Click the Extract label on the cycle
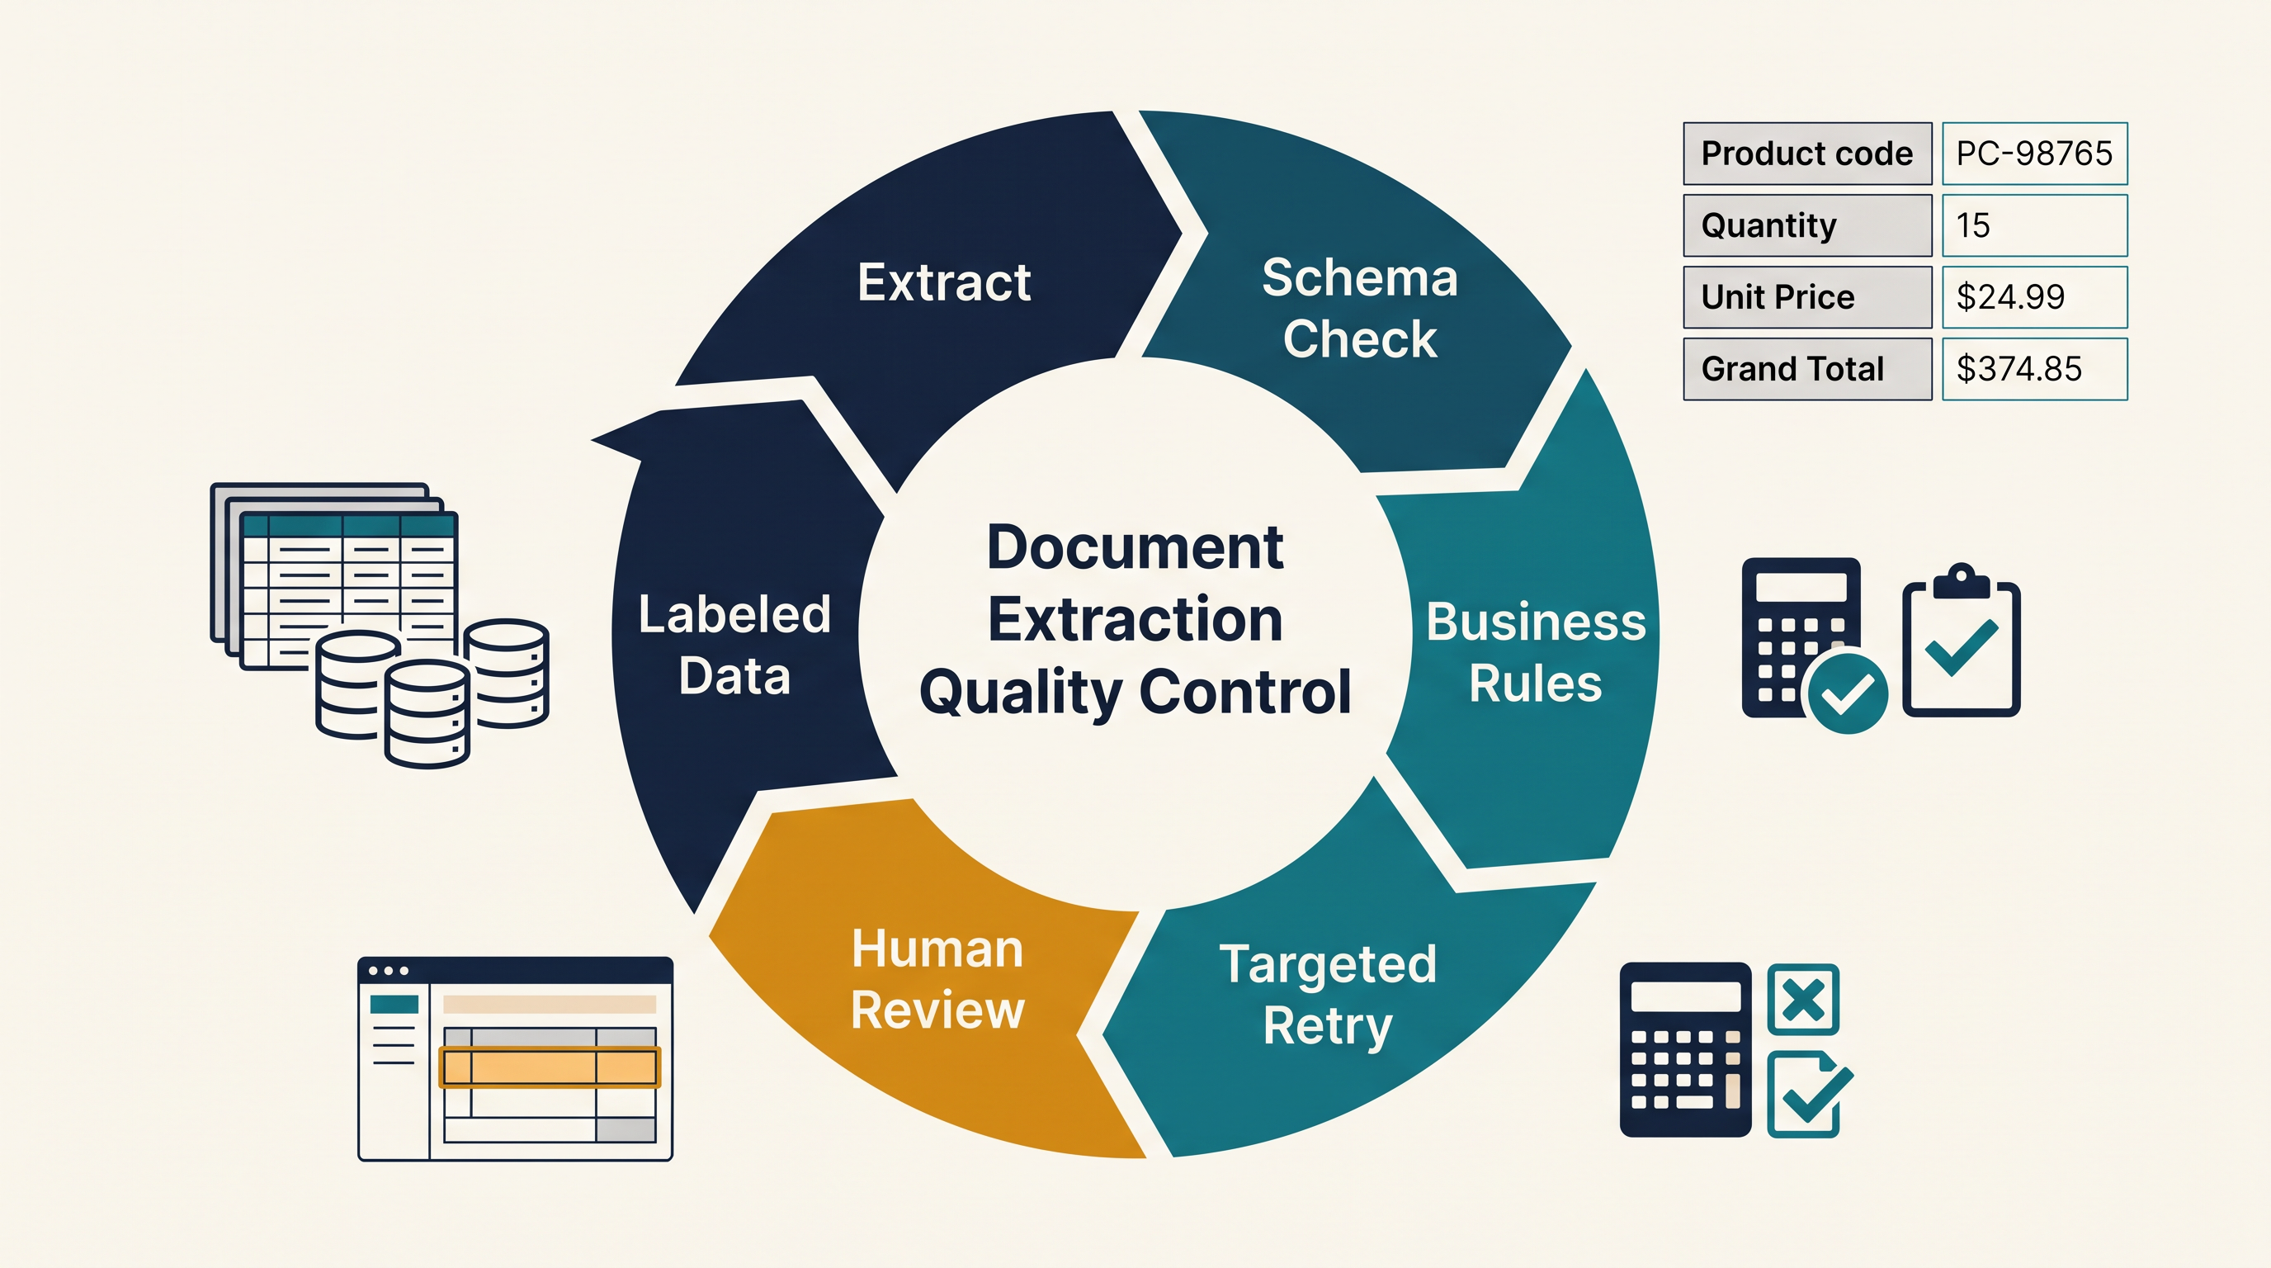click(x=944, y=282)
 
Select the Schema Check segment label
click(x=1359, y=308)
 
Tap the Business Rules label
click(x=1536, y=652)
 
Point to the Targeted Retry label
click(x=1328, y=995)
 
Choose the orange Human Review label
click(x=937, y=979)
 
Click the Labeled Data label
click(x=734, y=645)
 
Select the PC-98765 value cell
click(x=2034, y=154)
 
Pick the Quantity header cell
click(x=1807, y=225)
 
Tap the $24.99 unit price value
click(x=2010, y=297)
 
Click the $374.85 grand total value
click(x=2018, y=368)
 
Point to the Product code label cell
click(x=1807, y=154)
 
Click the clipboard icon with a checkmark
click(x=1961, y=640)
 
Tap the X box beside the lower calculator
click(x=1803, y=999)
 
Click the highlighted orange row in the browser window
click(x=550, y=1067)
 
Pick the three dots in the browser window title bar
click(x=388, y=971)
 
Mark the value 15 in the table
click(x=1973, y=225)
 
